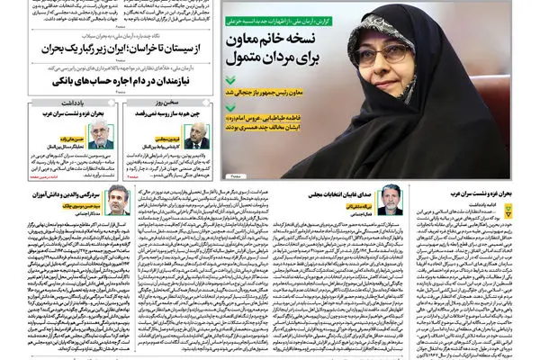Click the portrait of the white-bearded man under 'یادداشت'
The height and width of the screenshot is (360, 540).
click(99, 138)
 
